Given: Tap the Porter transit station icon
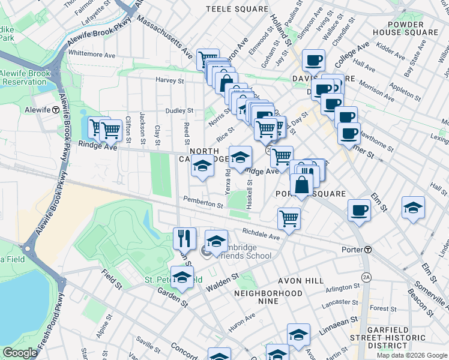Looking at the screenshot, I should click(x=368, y=250).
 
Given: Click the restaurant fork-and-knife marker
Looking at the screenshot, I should click(x=184, y=238).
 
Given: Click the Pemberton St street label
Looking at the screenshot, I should click(x=203, y=204).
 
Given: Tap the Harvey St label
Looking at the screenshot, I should click(x=170, y=80).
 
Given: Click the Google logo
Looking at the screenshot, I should click(x=20, y=353).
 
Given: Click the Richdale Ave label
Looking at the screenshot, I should click(x=261, y=234).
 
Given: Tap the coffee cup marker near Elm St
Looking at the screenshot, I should click(x=359, y=211).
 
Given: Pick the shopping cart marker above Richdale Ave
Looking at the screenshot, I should click(x=289, y=218).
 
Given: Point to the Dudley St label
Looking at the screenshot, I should click(x=179, y=111).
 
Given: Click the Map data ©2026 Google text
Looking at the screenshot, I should click(x=412, y=355).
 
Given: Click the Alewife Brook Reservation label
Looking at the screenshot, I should click(x=25, y=77).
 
